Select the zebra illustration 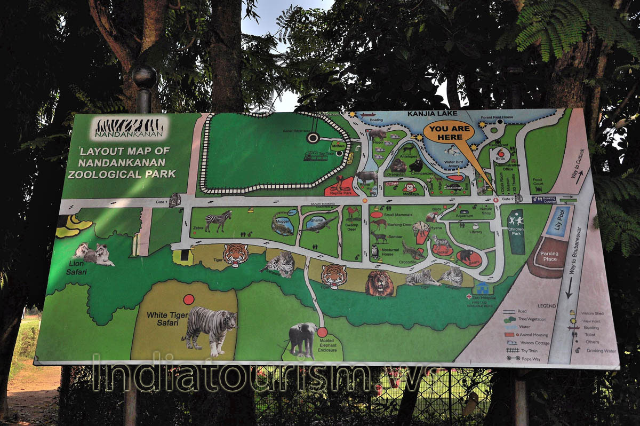tap(219, 220)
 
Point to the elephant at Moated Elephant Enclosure tap(302, 338)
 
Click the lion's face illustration tap(379, 283)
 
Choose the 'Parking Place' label tap(549, 257)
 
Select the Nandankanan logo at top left tap(129, 128)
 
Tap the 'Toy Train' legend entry tap(529, 351)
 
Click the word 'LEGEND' tap(547, 305)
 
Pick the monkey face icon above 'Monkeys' tap(409, 187)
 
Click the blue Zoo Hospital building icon tap(483, 288)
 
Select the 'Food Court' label tap(537, 182)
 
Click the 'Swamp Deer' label tap(351, 227)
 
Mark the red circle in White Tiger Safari tap(189, 299)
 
